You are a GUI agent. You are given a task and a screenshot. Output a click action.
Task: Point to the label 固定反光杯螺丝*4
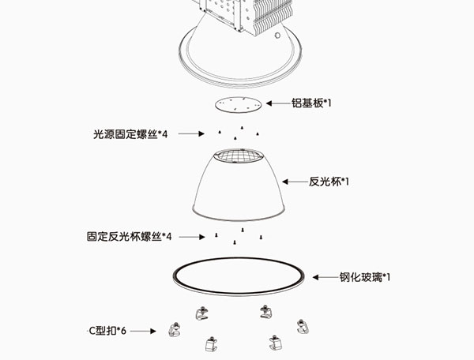coord(130,236)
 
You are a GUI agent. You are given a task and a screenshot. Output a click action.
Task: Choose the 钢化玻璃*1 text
coord(365,277)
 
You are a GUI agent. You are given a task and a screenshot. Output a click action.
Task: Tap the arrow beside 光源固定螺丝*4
coord(191,134)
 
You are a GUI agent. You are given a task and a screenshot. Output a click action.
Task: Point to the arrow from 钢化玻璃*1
coord(325,277)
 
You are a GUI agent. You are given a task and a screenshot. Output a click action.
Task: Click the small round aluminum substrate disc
coord(237,104)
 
